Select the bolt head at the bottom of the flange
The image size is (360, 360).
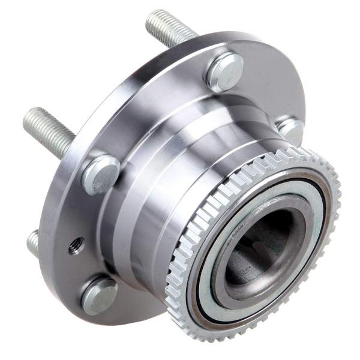(x=99, y=295)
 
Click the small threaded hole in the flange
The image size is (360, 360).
(x=76, y=245)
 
